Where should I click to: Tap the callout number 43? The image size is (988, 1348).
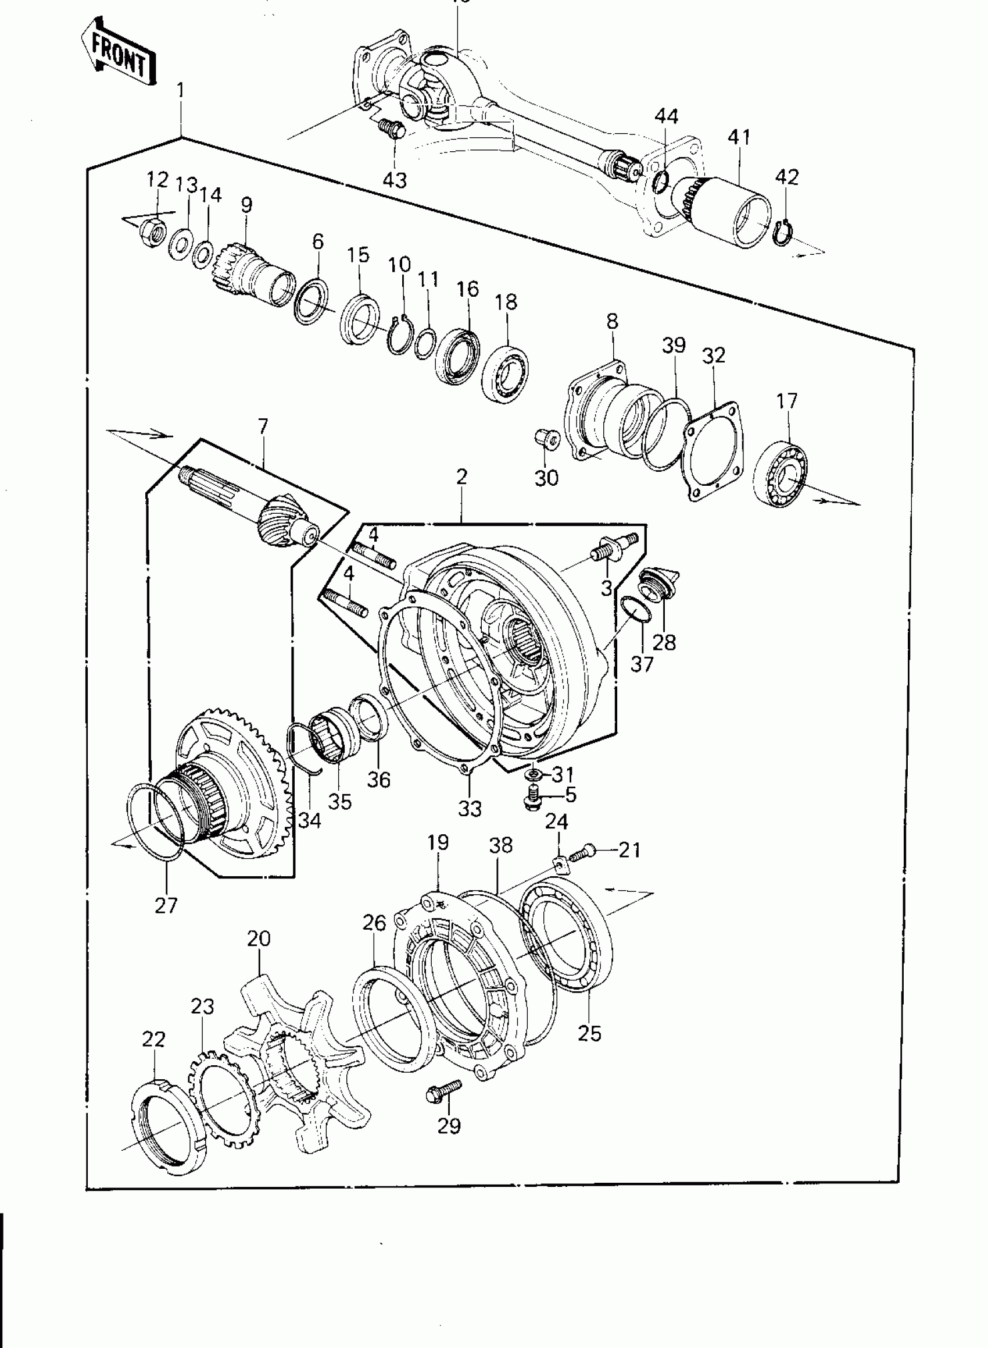pyautogui.click(x=394, y=179)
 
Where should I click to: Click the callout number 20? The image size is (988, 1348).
pyautogui.click(x=259, y=938)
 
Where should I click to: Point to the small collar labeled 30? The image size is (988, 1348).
pyautogui.click(x=545, y=439)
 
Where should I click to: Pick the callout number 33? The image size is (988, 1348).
pyautogui.click(x=470, y=809)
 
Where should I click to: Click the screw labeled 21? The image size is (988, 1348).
pyautogui.click(x=581, y=853)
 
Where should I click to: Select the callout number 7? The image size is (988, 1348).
pyautogui.click(x=263, y=426)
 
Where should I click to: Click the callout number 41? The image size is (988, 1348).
pyautogui.click(x=739, y=137)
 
